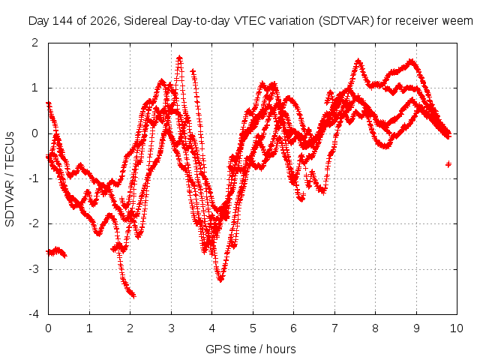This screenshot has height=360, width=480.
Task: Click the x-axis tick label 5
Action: [253, 328]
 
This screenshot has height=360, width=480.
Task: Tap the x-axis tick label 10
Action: [457, 328]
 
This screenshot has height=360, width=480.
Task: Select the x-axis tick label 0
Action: [48, 328]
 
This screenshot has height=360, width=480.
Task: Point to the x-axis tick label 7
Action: [334, 328]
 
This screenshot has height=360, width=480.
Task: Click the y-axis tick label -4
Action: [34, 314]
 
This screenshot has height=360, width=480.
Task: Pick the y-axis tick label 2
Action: [35, 43]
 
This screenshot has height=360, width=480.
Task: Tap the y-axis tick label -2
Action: [34, 223]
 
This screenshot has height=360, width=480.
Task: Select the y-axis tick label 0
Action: [35, 133]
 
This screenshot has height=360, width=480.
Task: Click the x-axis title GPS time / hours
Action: [250, 349]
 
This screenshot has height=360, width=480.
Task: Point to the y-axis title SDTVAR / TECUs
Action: [10, 179]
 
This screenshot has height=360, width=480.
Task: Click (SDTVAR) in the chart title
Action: [346, 21]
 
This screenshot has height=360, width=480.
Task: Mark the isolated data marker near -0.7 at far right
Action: [448, 164]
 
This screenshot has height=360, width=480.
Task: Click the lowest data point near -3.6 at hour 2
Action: [133, 295]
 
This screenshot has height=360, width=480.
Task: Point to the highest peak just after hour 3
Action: [180, 57]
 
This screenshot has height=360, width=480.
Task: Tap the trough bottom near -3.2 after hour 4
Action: [220, 279]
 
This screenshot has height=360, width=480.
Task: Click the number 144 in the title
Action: [63, 21]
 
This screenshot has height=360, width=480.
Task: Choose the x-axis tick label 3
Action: [171, 328]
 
